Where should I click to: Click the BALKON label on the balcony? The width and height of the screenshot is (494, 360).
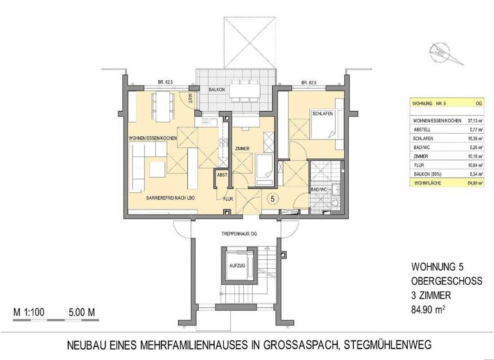pyautogui.click(x=217, y=91)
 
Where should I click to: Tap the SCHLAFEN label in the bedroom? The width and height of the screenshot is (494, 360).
pyautogui.click(x=322, y=114)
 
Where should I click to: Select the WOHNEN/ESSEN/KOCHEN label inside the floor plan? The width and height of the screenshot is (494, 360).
pyautogui.click(x=152, y=139)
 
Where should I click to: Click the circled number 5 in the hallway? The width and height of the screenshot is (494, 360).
pyautogui.click(x=273, y=199)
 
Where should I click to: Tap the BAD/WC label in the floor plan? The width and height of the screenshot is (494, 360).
pyautogui.click(x=319, y=190)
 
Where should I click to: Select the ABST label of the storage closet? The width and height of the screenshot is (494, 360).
pyautogui.click(x=222, y=175)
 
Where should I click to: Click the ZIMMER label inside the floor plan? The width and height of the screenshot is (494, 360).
pyautogui.click(x=242, y=148)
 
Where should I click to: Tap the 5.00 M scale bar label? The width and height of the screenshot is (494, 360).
pyautogui.click(x=82, y=313)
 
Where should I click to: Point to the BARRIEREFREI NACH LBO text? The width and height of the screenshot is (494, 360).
pyautogui.click(x=170, y=197)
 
